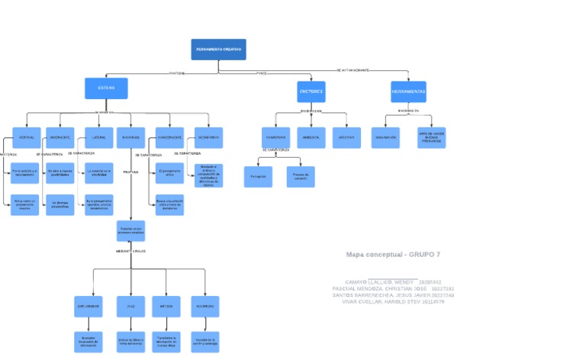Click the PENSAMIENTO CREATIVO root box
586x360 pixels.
218,50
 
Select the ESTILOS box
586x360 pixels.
106,88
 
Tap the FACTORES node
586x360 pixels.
311,92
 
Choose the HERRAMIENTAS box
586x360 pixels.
408,92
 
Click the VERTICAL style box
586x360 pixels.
26,137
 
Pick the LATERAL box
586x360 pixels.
98,137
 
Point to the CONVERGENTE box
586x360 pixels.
168,137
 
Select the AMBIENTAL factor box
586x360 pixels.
311,137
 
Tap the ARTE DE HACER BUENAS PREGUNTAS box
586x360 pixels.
432,137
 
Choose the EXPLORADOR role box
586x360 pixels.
88,307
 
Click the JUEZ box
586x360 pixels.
130,307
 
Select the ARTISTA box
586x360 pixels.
166,307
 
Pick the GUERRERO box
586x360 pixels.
204,307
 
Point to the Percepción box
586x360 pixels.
256,176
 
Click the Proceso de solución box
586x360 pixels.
301,176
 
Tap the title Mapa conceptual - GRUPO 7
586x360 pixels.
393,255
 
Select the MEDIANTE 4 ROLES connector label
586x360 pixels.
130,250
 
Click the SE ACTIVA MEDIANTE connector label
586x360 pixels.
353,70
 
